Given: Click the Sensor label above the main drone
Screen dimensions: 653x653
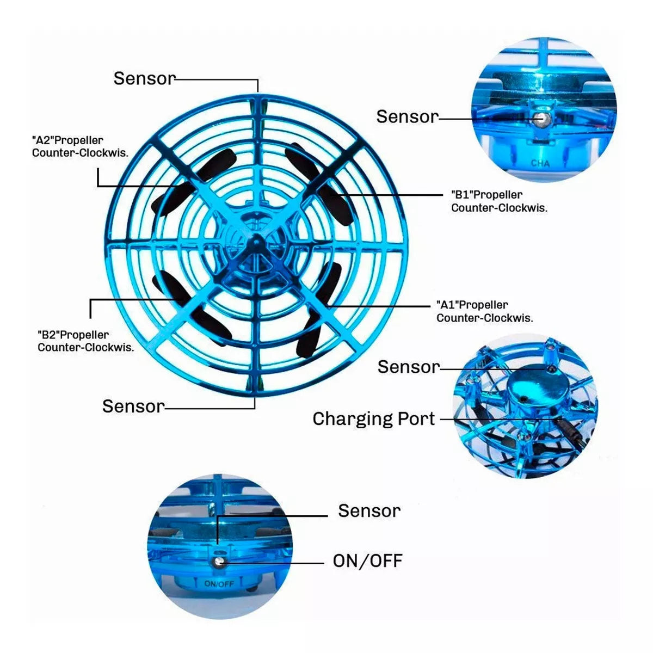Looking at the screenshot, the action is point(145,78).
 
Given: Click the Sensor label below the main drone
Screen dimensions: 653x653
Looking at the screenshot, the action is point(133,406).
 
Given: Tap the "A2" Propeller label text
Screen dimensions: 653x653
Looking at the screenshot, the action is point(81,146).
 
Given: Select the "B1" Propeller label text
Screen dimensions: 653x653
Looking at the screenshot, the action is point(499,201).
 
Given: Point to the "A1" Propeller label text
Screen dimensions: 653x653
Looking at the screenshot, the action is point(485,311).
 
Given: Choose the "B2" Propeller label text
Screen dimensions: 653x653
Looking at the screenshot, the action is point(86,341).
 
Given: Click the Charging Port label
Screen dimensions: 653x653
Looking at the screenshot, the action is point(374,420).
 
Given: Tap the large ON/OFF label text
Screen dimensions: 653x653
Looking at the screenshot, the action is point(368,561).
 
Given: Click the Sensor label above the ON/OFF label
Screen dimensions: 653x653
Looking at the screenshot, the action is point(369,510).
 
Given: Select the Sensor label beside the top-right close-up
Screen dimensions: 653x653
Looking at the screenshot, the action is point(408,116).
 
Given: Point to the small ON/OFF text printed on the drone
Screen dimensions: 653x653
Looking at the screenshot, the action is point(219,584).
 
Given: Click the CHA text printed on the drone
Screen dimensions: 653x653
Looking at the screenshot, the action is point(540,164).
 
